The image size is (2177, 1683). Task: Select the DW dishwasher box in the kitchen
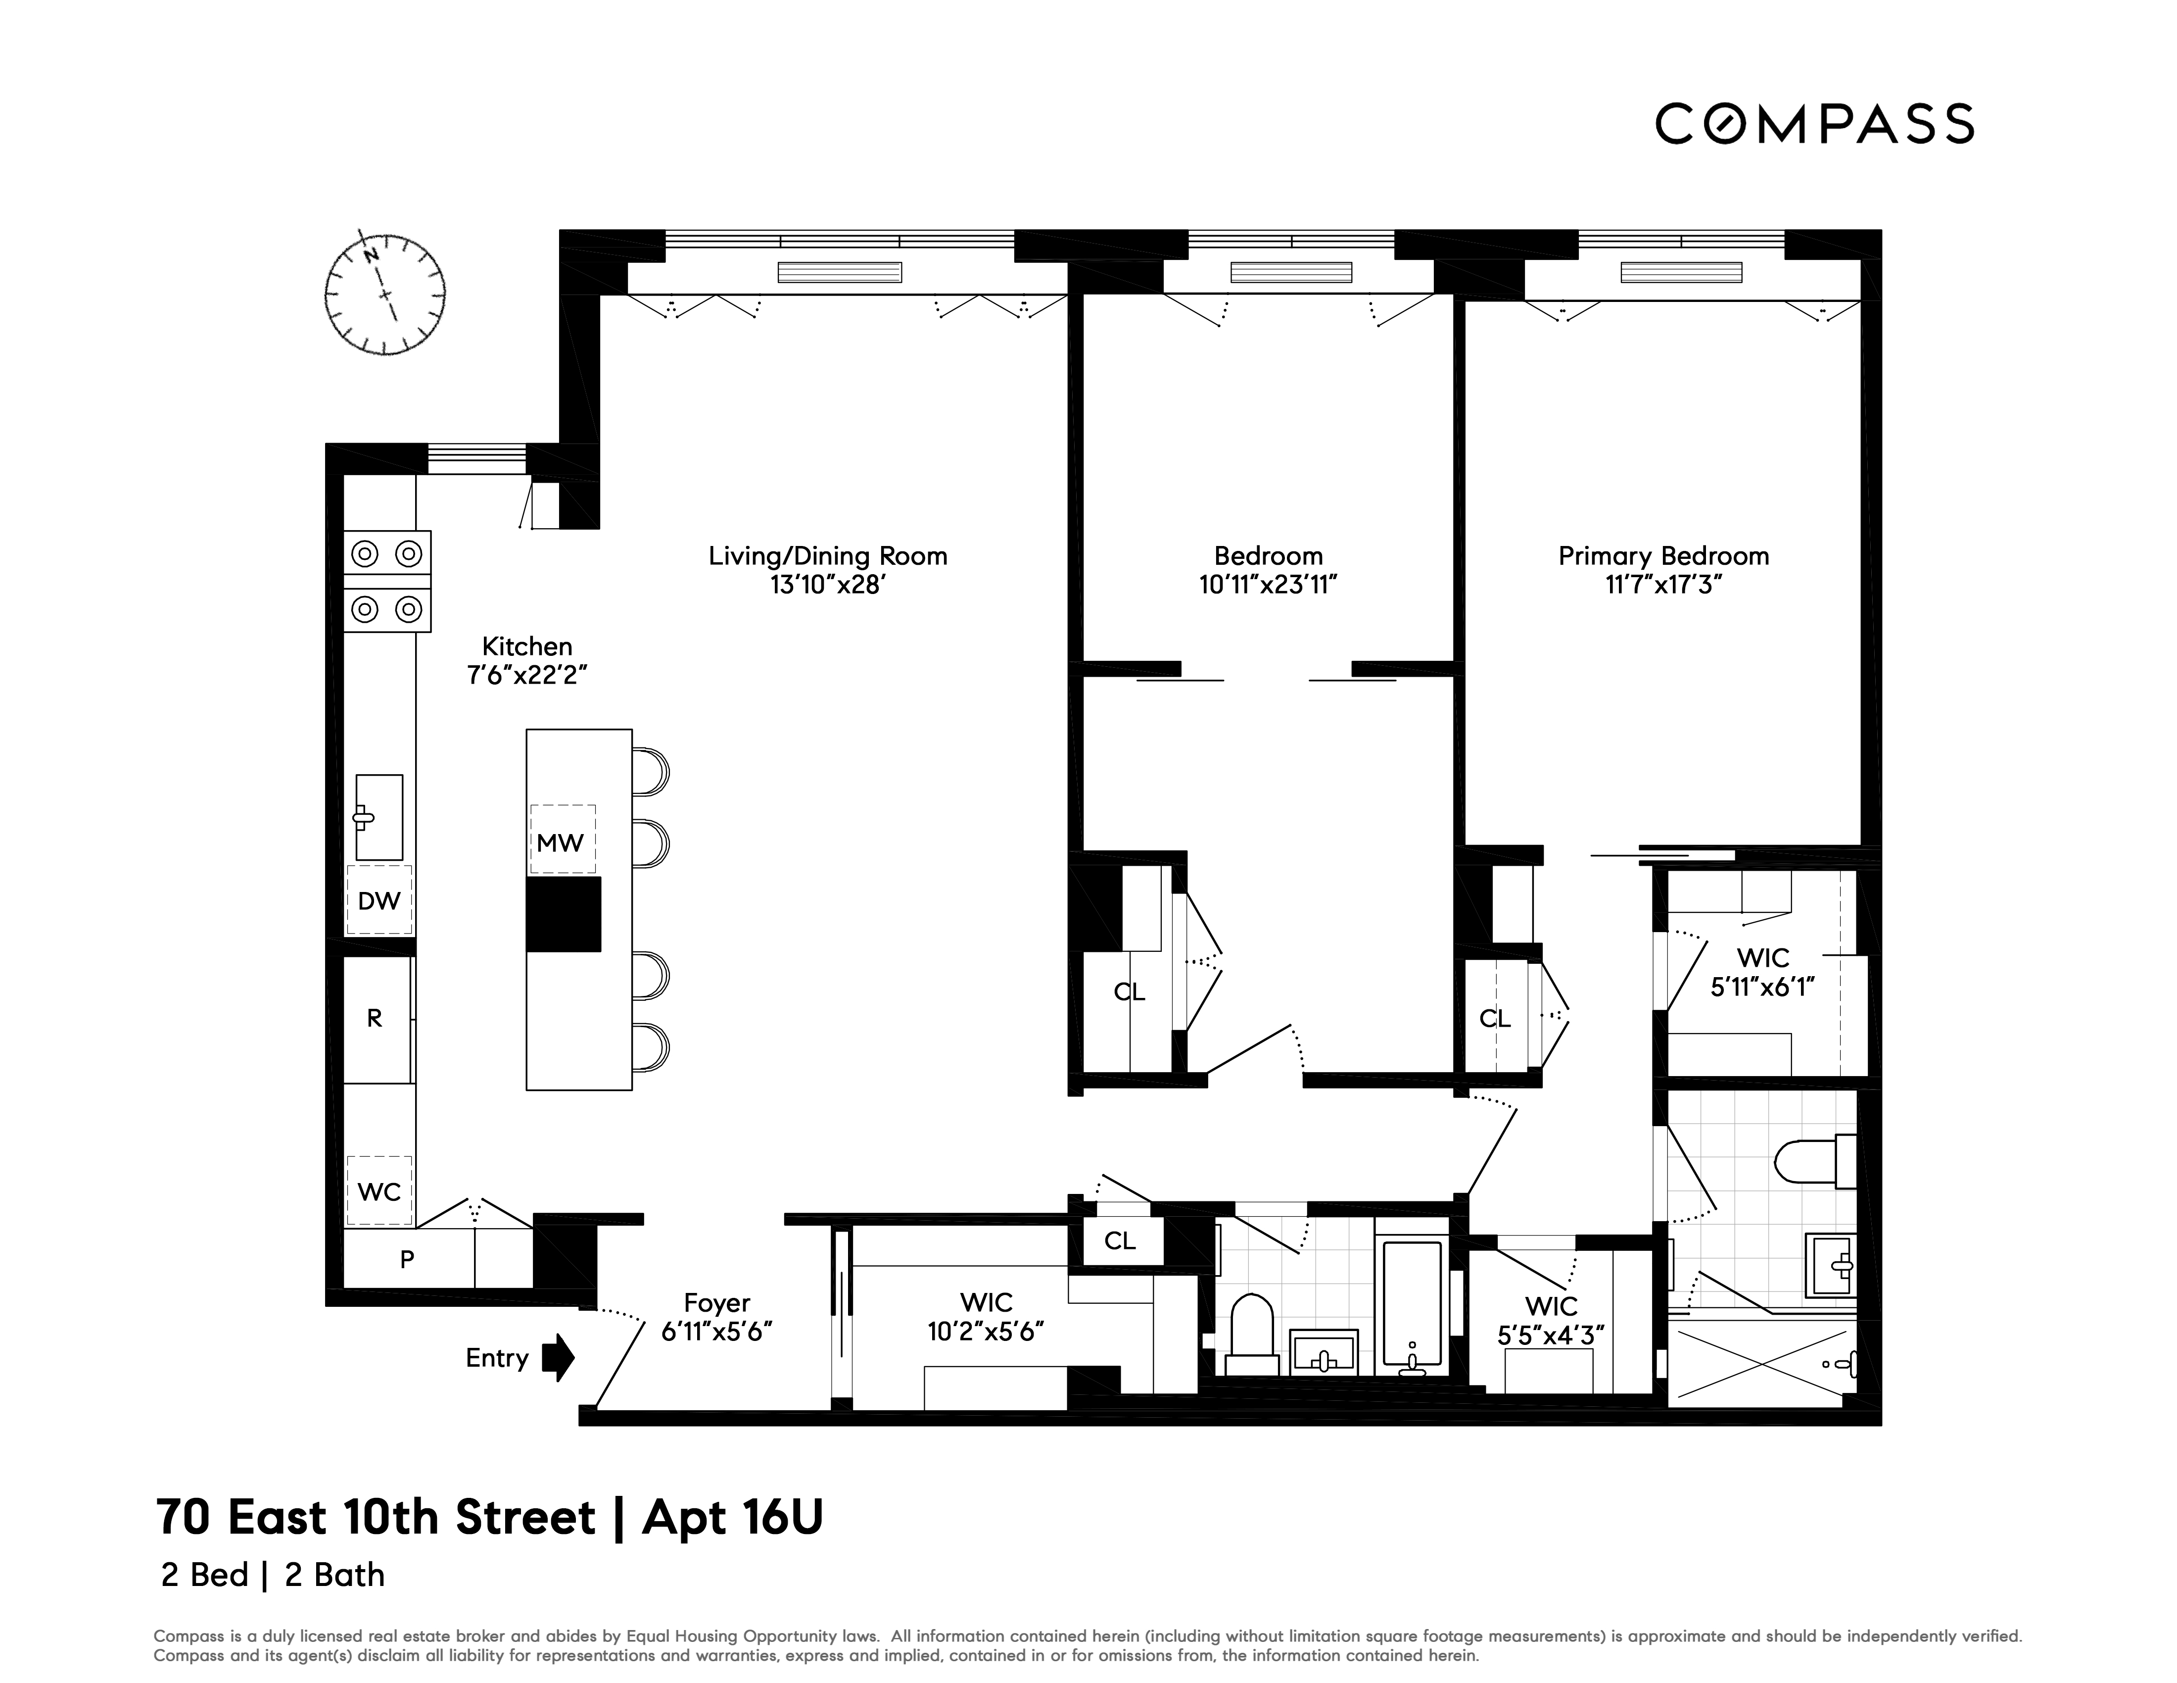click(379, 900)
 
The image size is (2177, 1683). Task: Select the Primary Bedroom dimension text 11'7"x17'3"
click(1662, 585)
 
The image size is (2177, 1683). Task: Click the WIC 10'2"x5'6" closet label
click(986, 1316)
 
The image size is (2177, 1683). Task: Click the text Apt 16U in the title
click(733, 1518)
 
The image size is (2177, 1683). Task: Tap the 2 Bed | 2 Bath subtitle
click(272, 1575)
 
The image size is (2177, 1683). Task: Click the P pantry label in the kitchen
click(407, 1259)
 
